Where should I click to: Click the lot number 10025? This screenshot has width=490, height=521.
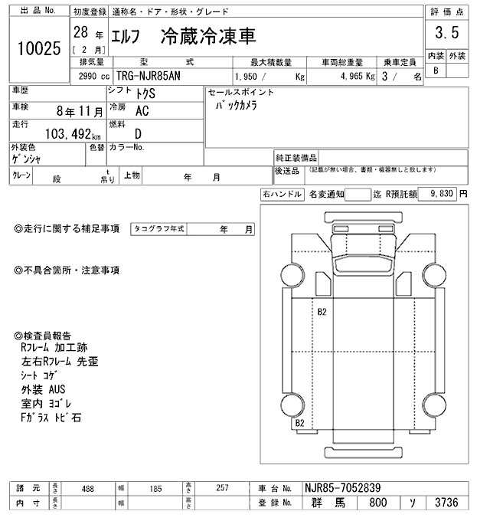38,49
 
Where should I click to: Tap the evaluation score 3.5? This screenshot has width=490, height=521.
447,34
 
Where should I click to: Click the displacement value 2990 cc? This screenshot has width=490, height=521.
95,77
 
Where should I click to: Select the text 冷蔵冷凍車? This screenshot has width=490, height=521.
208,36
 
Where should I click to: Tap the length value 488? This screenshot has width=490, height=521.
89,488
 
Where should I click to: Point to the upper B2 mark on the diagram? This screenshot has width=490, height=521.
322,311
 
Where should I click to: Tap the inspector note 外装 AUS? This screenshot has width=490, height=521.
44,390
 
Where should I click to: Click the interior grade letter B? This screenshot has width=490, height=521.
436,70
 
